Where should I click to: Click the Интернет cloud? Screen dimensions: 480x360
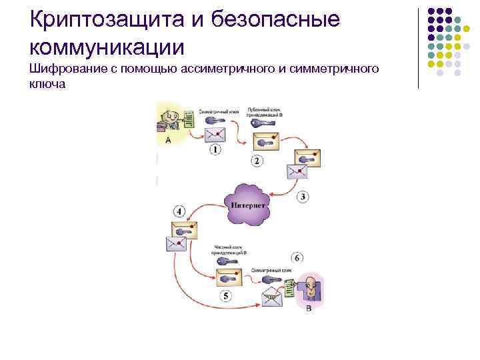click(x=247, y=205)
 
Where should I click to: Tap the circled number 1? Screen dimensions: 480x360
click(x=215, y=149)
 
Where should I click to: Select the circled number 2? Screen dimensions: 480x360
click(x=257, y=161)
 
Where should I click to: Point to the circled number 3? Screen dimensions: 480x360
click(x=302, y=196)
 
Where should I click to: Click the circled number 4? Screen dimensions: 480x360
click(x=179, y=211)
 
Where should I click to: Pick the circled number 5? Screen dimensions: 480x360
click(x=226, y=295)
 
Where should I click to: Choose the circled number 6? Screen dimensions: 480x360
click(x=297, y=257)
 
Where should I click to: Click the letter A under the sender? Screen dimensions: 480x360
click(x=167, y=141)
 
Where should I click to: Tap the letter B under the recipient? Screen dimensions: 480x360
click(x=308, y=309)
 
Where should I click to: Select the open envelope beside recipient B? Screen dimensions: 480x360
click(x=272, y=294)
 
